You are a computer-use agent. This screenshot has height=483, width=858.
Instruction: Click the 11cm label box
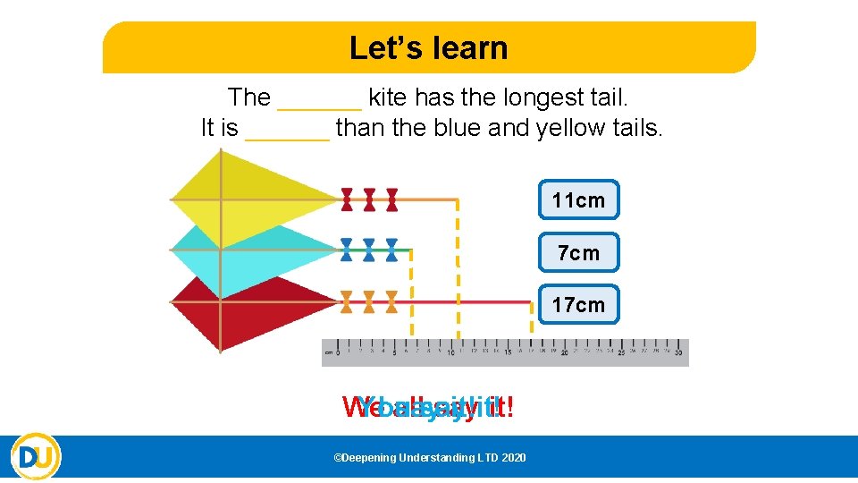[x=578, y=199]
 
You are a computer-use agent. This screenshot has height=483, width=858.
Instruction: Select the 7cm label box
[x=578, y=253]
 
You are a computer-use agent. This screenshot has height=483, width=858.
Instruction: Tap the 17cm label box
[x=578, y=305]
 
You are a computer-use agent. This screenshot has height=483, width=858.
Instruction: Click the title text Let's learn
[x=428, y=47]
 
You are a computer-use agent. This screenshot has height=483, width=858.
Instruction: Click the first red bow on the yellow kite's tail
[x=346, y=199]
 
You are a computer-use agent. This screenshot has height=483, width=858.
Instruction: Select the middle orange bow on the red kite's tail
[x=368, y=301]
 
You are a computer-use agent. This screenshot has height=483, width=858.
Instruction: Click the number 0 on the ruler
[x=337, y=353]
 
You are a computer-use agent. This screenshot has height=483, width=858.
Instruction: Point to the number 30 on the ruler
[x=678, y=353]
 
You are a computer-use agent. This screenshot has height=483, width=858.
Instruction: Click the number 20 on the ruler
[x=565, y=353]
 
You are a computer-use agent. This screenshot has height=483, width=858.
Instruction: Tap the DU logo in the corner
[x=36, y=455]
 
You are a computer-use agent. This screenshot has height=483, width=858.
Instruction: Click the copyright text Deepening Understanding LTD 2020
[x=429, y=458]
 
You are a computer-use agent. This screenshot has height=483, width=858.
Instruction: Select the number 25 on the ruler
[x=622, y=353]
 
